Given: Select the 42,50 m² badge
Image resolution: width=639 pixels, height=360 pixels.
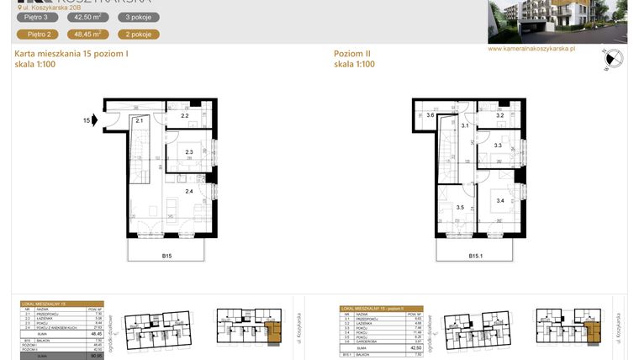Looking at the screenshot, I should (88, 17).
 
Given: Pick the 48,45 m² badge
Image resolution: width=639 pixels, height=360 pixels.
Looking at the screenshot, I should (88, 34).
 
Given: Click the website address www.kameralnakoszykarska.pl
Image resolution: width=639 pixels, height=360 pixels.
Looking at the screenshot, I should (531, 49).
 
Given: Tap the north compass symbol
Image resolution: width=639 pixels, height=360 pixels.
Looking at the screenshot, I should (613, 59).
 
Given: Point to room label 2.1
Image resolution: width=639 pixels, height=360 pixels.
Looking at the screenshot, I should (140, 121).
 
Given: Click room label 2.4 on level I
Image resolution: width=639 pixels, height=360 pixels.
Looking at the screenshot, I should (188, 192).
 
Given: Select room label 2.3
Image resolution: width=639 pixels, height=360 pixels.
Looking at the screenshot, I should (189, 152).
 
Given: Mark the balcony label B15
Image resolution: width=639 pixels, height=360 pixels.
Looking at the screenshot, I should (168, 255).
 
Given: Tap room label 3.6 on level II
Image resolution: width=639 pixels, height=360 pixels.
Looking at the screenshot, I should (430, 115).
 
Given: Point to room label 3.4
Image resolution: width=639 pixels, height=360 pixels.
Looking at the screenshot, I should (499, 201).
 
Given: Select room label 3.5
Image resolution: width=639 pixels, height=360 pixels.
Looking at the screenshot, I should (460, 207).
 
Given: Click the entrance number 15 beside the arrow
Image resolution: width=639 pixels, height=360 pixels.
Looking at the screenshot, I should (86, 121).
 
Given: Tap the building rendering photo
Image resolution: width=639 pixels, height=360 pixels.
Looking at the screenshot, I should (557, 21).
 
